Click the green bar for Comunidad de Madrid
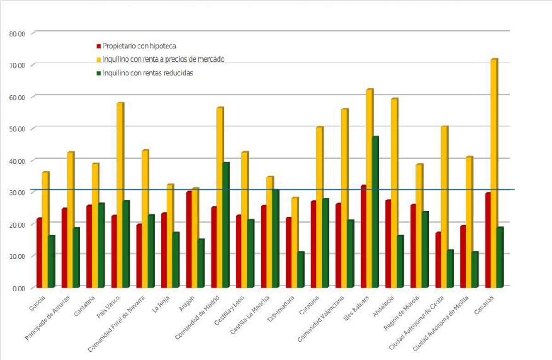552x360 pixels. pos(225,225)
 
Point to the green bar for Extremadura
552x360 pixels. pos(300,270)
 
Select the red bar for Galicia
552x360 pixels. pos(40,253)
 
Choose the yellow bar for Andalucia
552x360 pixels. pos(394,193)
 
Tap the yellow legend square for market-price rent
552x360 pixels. pos(98,60)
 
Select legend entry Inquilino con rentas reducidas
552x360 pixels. pos(147,73)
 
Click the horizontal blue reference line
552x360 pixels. pos(276,189)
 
